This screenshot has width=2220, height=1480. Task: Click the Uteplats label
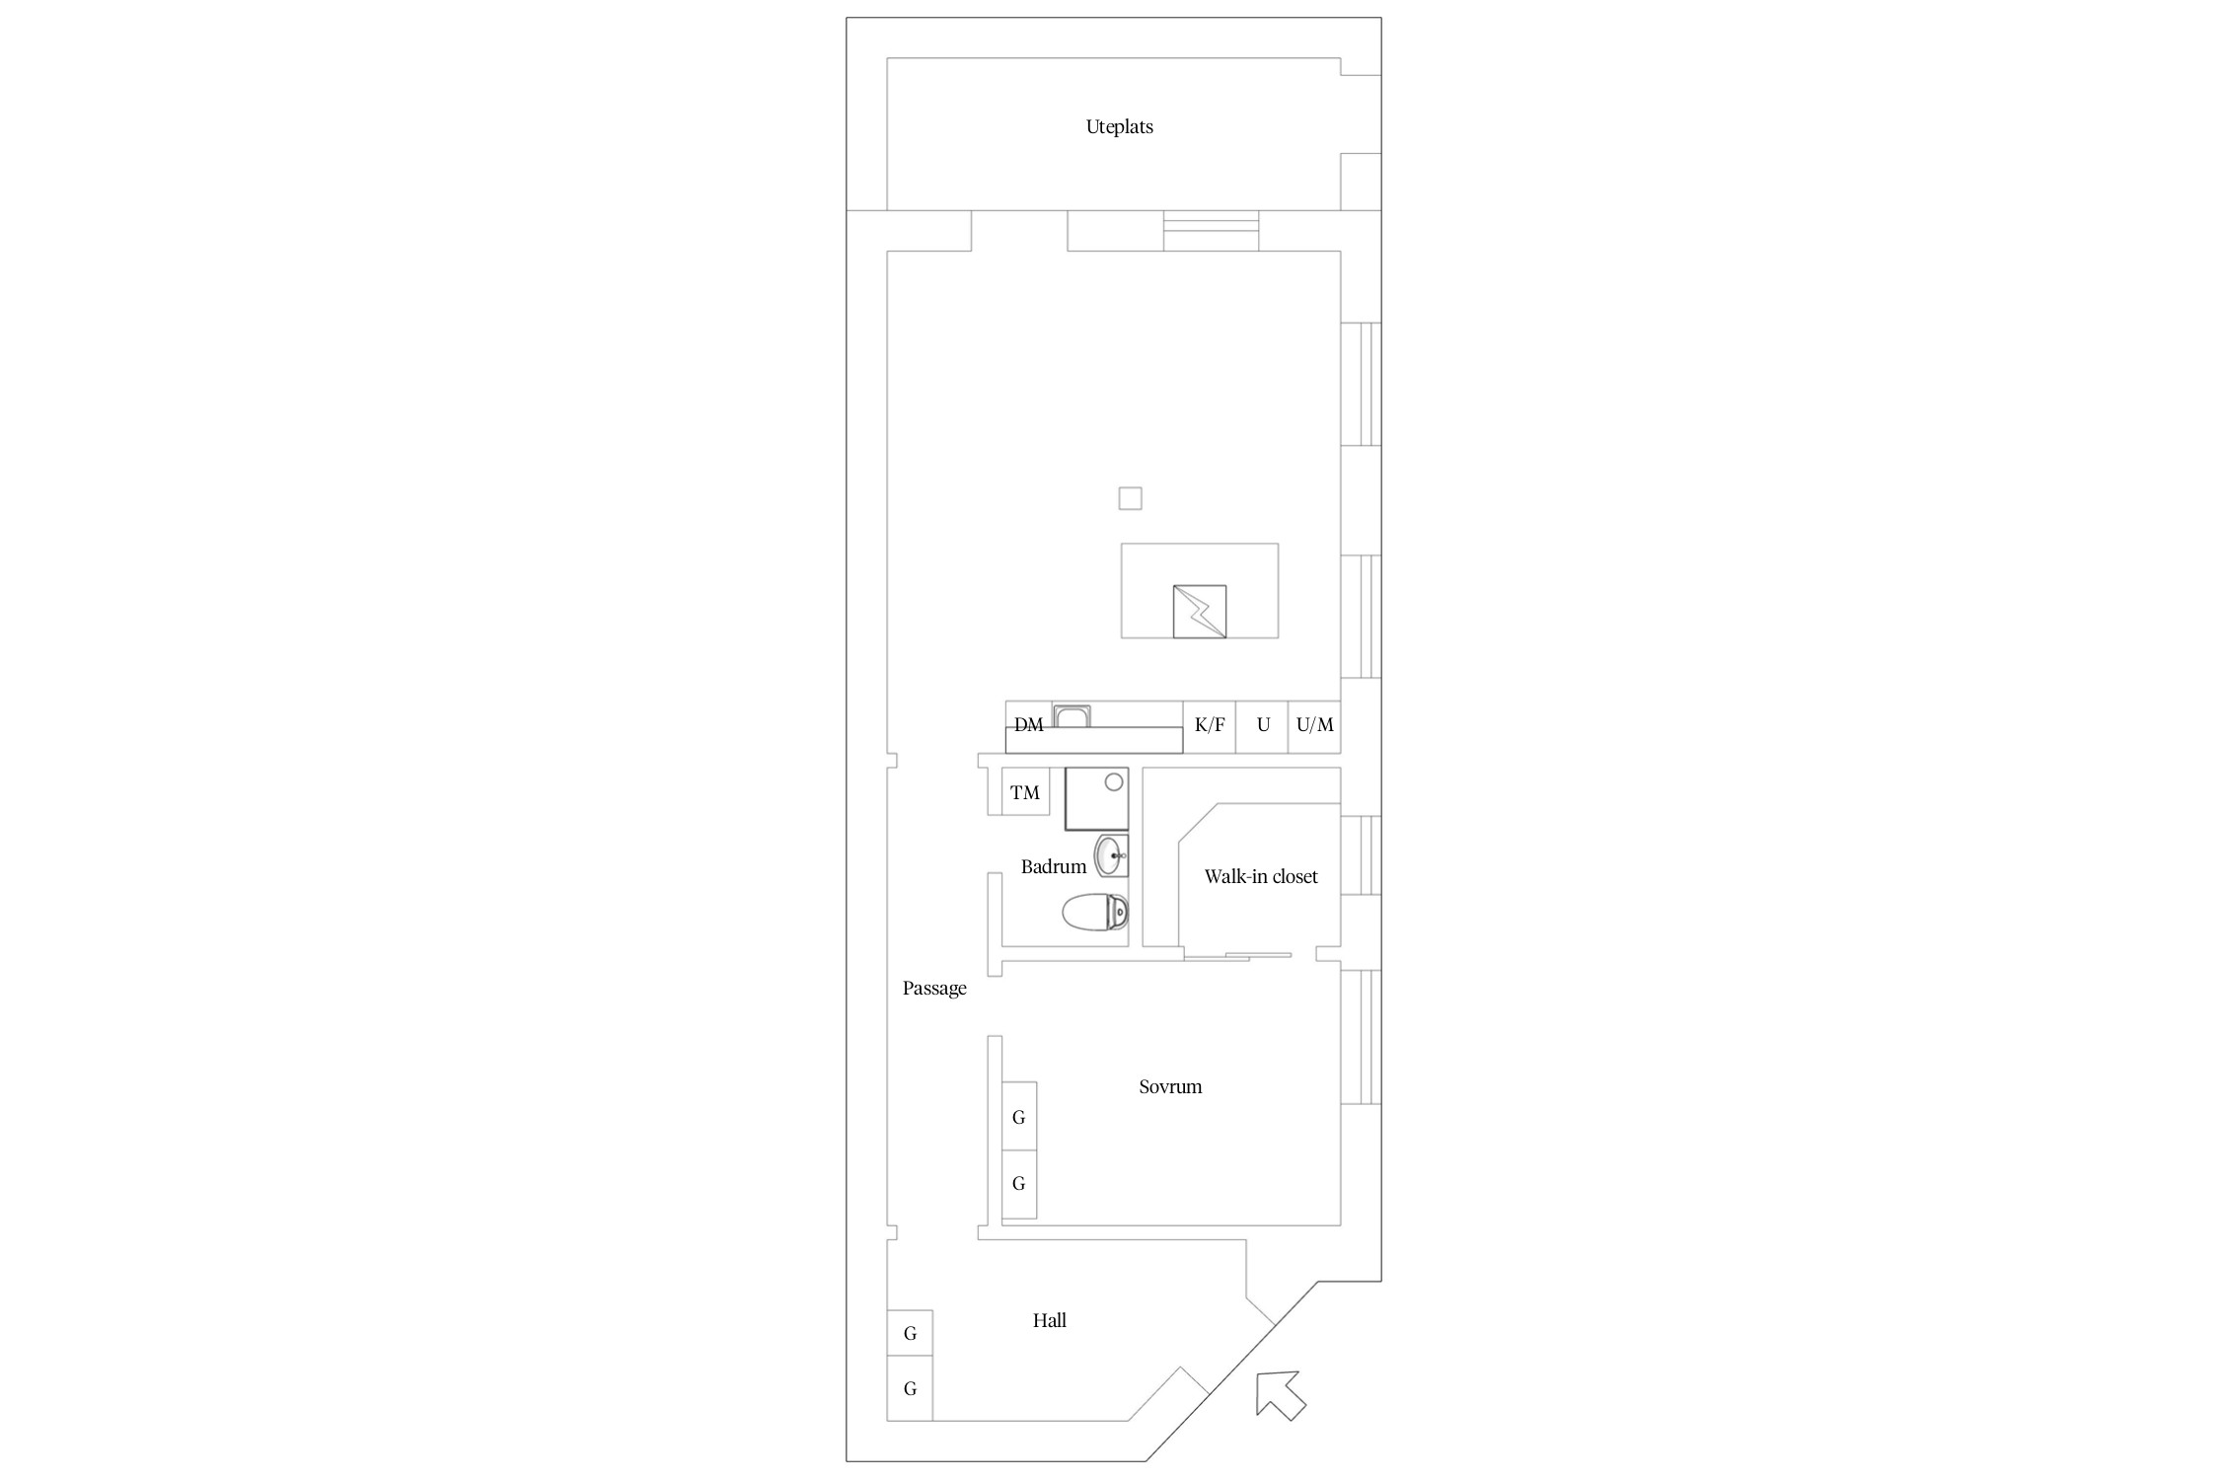(1119, 127)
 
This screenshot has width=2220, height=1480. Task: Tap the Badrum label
(1053, 867)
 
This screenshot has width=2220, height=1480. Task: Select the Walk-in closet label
(1261, 876)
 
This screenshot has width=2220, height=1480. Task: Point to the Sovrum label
(1170, 1087)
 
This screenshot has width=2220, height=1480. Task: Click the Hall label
(1049, 1320)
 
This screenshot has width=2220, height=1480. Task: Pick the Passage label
(934, 989)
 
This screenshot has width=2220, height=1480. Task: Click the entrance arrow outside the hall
(1281, 1395)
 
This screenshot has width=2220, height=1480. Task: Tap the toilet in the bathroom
(1095, 912)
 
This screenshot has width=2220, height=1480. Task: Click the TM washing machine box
(1025, 792)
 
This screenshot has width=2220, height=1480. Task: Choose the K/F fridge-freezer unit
(1210, 726)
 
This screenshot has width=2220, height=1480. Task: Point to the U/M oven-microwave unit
(1314, 726)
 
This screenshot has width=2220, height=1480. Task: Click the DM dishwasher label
(1028, 725)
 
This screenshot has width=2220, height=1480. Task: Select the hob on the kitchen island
(1200, 612)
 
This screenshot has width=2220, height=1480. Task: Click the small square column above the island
(1130, 498)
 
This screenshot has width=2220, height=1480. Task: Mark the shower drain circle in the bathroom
(1114, 782)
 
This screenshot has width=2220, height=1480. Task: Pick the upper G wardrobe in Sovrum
(1019, 1116)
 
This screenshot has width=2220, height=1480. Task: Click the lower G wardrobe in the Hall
(910, 1388)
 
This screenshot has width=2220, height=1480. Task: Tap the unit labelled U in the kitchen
(1262, 726)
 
